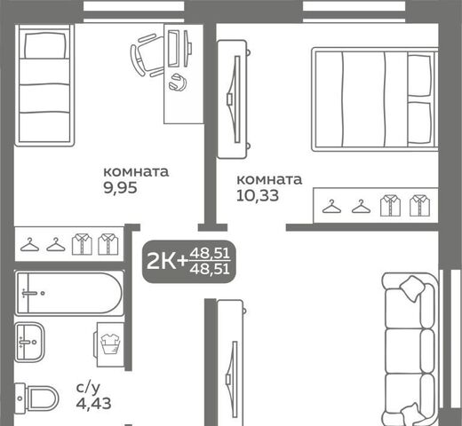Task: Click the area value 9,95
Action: pyautogui.click(x=120, y=187)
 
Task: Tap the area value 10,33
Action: pyautogui.click(x=258, y=195)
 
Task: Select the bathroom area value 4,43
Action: pyautogui.click(x=93, y=403)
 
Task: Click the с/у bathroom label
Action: pyautogui.click(x=88, y=388)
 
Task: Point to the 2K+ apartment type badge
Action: pyautogui.click(x=189, y=262)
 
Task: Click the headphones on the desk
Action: pyautogui.click(x=178, y=83)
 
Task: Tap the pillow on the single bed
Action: pyautogui.click(x=45, y=45)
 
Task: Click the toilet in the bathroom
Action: pyautogui.click(x=36, y=398)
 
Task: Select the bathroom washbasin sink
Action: pyautogui.click(x=29, y=342)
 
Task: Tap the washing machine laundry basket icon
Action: pyautogui.click(x=111, y=343)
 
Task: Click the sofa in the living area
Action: pyautogui.click(x=410, y=349)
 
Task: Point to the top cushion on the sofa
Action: pyautogui.click(x=413, y=288)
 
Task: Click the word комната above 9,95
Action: pyautogui.click(x=136, y=172)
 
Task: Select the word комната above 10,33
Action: pyautogui.click(x=269, y=179)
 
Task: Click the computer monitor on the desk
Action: pyautogui.click(x=174, y=48)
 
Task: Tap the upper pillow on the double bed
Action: pyautogui.click(x=419, y=75)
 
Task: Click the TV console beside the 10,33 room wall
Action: pyautogui.click(x=233, y=99)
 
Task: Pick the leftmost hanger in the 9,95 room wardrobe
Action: pyautogui.click(x=29, y=244)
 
